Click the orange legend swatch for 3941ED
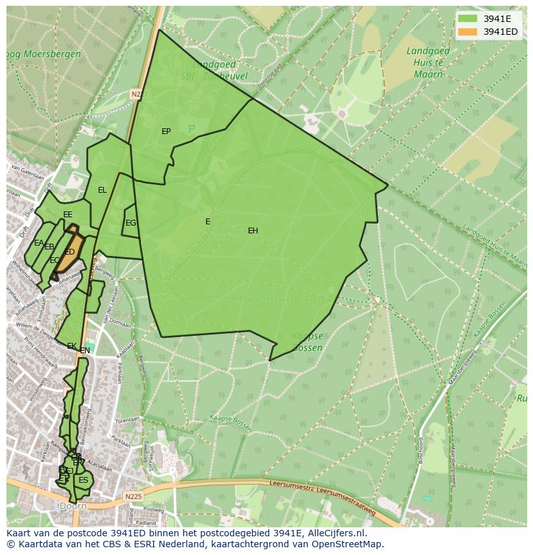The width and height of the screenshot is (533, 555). click(468, 32)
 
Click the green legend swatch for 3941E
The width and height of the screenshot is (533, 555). click(468, 18)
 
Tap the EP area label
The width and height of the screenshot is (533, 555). click(166, 131)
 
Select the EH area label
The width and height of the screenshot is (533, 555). click(253, 231)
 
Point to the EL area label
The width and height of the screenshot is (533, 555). click(102, 190)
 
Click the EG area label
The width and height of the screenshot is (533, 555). click(131, 223)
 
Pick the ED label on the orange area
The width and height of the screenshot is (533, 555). click(70, 252)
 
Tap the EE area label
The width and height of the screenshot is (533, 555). click(68, 215)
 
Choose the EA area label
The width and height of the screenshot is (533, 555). click(39, 243)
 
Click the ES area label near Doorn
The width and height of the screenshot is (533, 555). click(83, 480)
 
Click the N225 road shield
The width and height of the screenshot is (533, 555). click(134, 496)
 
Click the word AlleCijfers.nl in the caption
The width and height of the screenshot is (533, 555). click(335, 533)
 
